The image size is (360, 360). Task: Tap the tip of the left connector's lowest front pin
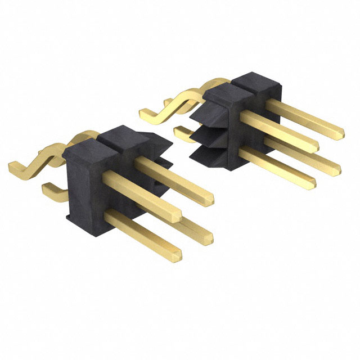tap(177, 255)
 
